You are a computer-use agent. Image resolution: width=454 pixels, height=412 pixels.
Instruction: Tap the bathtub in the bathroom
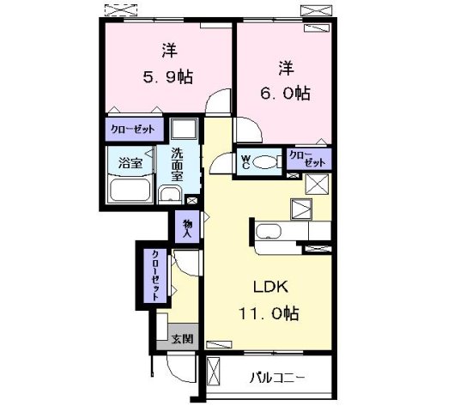(x=129, y=191)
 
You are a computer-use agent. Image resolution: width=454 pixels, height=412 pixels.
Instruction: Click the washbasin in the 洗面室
(x=172, y=193)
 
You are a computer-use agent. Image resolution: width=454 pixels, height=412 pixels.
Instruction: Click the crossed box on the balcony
(x=215, y=375)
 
